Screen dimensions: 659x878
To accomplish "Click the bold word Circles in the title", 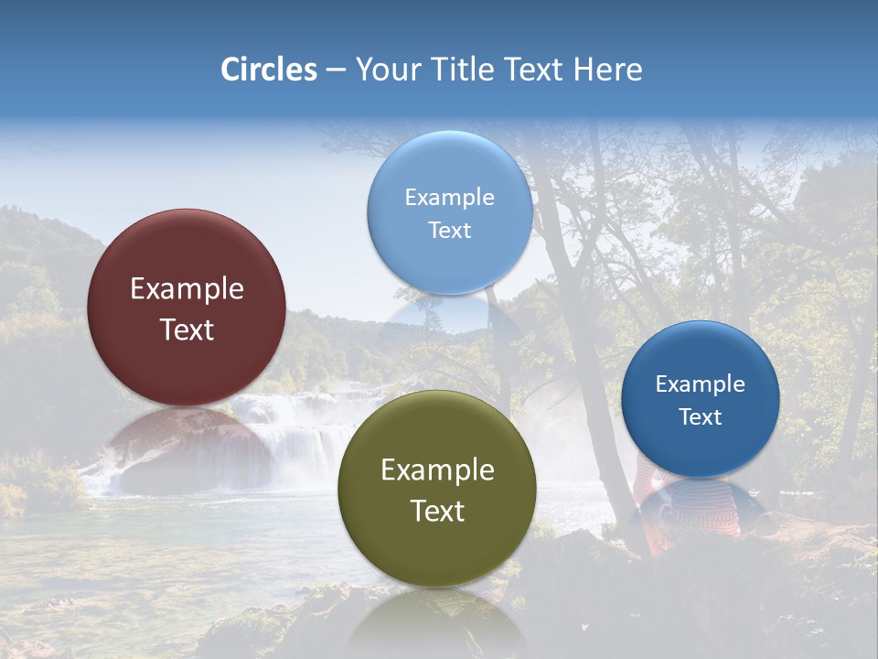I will tap(269, 70).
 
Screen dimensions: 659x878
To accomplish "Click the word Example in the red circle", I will tap(187, 289).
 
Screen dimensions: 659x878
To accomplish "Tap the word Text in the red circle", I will tap(187, 329).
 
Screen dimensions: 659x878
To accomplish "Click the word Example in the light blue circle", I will tap(449, 197).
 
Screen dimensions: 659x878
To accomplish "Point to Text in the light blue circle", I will tap(449, 230).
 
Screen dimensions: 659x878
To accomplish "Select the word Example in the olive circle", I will tap(437, 470).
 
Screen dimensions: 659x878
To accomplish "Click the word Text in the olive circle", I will tap(437, 511).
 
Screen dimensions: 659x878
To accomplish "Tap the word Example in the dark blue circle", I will tap(701, 384).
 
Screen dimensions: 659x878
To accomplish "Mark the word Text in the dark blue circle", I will tap(701, 417).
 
